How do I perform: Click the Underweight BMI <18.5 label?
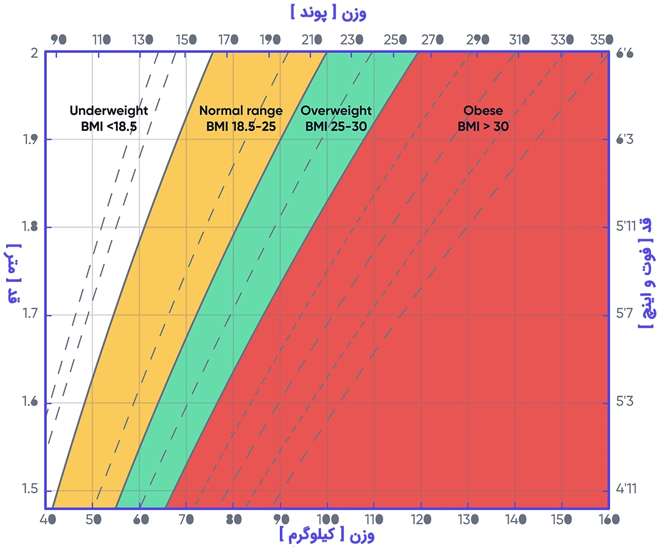point(108,119)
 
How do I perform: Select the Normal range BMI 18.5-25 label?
point(241,119)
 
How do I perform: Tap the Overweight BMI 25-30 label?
point(336,119)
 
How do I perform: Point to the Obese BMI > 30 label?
point(483,119)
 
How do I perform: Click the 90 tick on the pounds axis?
point(58,40)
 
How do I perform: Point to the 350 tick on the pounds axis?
point(601,40)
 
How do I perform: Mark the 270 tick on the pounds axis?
point(433,40)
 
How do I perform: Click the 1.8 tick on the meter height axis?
point(29,228)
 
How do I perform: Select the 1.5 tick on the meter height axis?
point(29,490)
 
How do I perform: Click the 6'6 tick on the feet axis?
point(625,54)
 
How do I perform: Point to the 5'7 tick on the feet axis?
point(625,315)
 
